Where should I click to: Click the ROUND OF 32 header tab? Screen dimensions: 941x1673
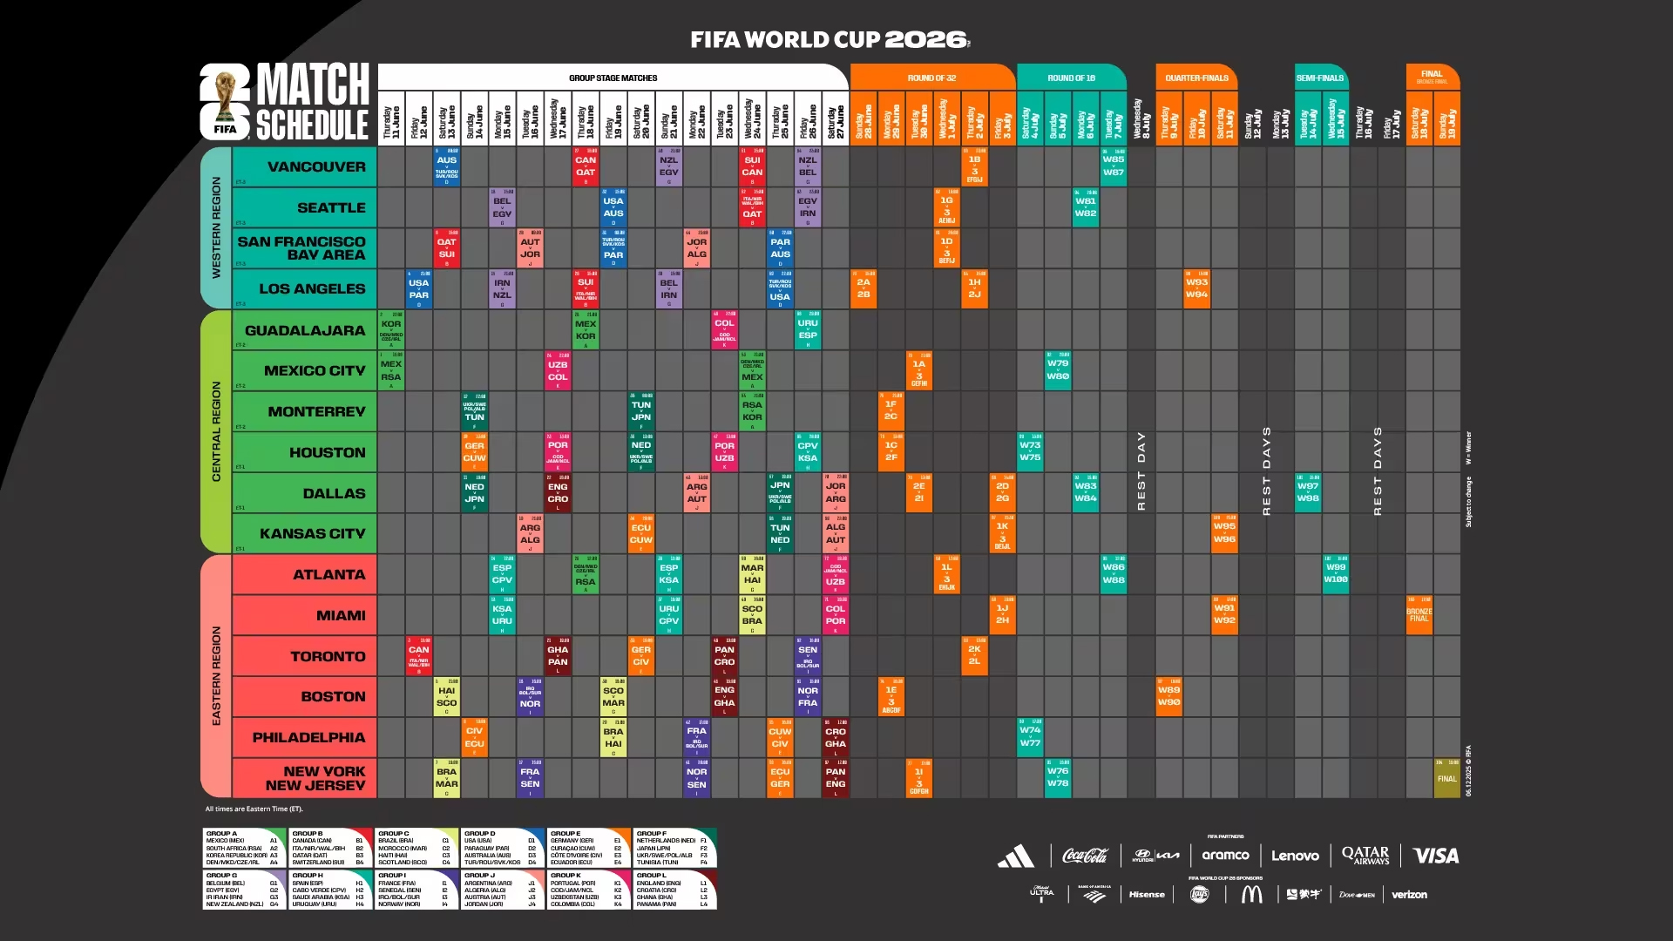tap(931, 78)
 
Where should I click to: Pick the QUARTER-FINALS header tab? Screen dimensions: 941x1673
tap(1196, 78)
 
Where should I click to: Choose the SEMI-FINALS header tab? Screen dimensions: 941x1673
tap(1320, 78)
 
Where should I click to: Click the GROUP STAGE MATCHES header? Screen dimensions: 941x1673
tap(613, 78)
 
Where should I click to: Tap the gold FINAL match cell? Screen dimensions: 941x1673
tap(1446, 778)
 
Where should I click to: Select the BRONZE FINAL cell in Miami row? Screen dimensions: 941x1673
tap(1419, 615)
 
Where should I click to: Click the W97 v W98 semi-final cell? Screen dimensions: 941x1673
tap(1307, 493)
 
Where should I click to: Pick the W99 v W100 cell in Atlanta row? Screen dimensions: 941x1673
tap(1335, 574)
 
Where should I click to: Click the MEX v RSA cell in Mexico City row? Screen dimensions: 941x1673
tap(391, 370)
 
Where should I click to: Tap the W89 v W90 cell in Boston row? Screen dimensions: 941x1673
tap(1168, 696)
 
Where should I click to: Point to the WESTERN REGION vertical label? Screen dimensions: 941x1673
tap(216, 227)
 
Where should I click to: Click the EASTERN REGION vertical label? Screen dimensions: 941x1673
tap(216, 675)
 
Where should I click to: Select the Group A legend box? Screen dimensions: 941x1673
tap(244, 848)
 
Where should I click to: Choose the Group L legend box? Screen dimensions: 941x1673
tap(674, 890)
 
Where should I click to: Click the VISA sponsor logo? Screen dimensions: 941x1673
tap(1435, 856)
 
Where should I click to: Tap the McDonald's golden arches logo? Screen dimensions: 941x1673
tap(1251, 894)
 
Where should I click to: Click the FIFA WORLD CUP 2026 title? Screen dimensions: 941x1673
tap(830, 39)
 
